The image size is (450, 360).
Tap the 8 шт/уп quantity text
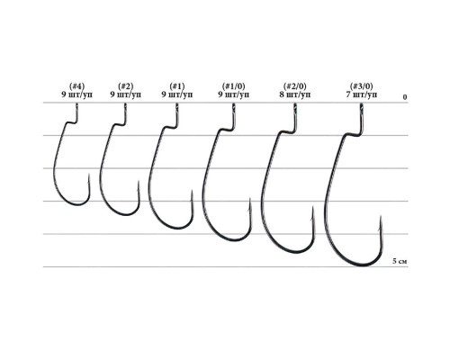[291, 94]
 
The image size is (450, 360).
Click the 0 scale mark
[406, 95]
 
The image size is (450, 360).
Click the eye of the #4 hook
[76, 109]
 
